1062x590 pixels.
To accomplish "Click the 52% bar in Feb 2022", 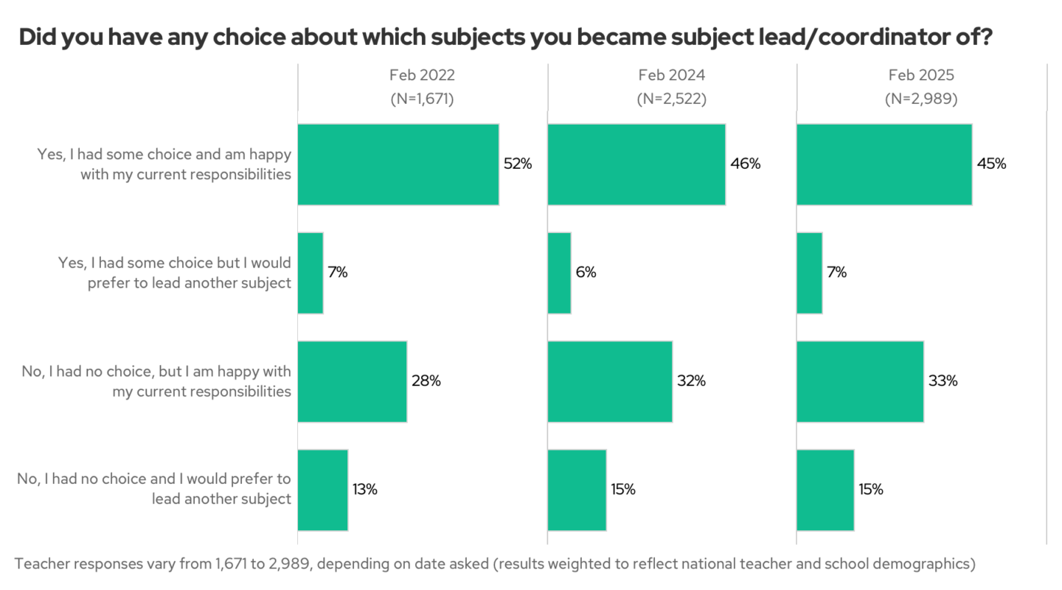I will click(x=398, y=164).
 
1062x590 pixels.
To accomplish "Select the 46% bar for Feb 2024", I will click(x=636, y=164).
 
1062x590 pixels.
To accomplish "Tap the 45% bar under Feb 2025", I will click(x=884, y=164).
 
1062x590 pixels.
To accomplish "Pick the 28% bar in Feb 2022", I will click(x=352, y=381).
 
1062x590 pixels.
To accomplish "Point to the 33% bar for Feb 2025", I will click(x=860, y=381).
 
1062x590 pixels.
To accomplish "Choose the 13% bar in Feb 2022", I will click(x=322, y=490).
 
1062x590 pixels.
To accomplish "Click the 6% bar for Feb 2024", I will click(x=559, y=273).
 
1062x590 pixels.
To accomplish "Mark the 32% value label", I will click(x=691, y=381).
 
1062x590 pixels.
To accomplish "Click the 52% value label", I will click(x=518, y=164).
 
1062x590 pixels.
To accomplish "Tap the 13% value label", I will click(x=364, y=490).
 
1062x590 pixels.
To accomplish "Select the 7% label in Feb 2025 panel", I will click(x=836, y=273).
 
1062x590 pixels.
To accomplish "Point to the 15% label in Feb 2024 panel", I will click(x=622, y=490).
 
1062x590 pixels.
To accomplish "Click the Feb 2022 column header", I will click(x=422, y=75).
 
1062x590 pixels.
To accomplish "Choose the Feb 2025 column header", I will click(x=921, y=75).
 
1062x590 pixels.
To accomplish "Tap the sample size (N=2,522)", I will click(x=672, y=99).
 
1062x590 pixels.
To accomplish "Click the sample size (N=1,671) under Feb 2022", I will click(x=422, y=99).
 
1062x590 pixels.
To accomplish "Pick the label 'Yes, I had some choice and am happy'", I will click(x=164, y=155).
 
